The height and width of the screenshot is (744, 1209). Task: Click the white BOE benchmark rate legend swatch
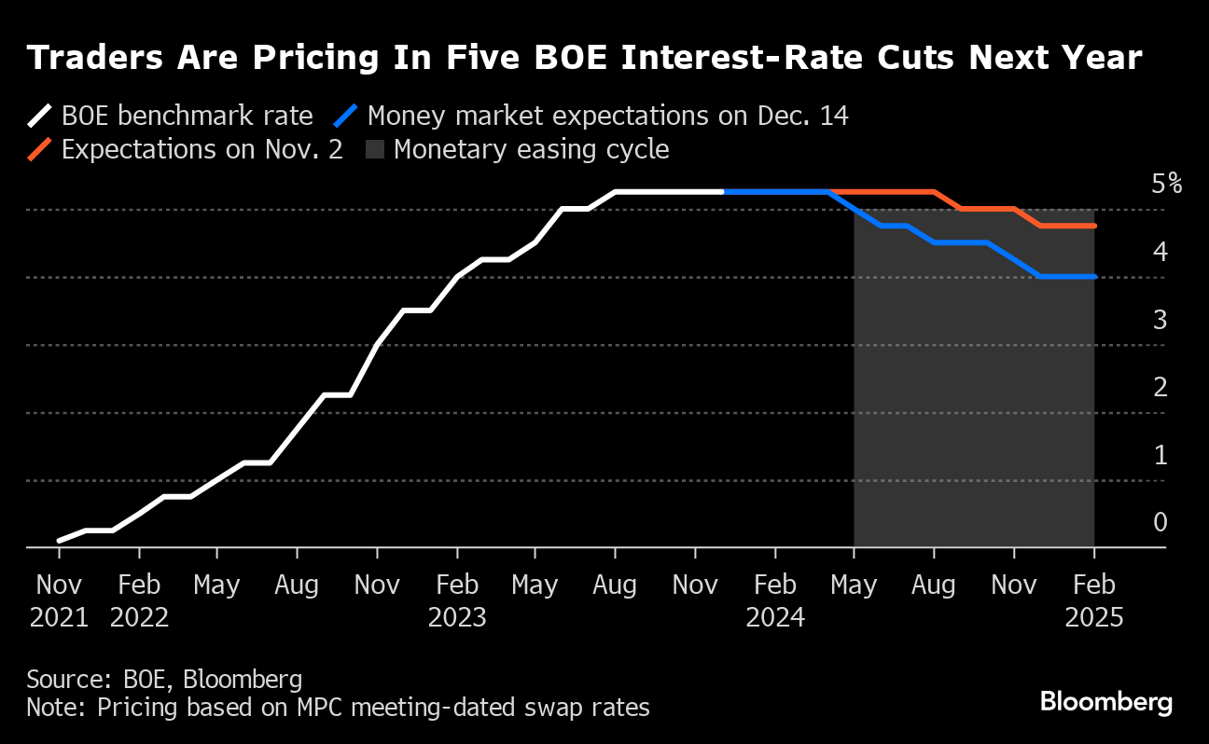[x=40, y=117]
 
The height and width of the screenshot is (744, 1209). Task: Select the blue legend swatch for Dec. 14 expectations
[x=346, y=117]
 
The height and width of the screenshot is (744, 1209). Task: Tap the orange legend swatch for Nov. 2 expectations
[x=40, y=149]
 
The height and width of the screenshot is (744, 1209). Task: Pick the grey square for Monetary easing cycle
[x=376, y=149]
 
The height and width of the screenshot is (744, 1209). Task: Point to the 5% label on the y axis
[x=1166, y=184]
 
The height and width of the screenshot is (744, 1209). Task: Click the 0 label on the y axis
[x=1160, y=522]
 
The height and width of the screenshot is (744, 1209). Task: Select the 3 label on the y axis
[x=1160, y=319]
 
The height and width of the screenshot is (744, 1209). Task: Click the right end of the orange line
[x=1094, y=226]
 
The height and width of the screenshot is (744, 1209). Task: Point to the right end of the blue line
[x=1094, y=276]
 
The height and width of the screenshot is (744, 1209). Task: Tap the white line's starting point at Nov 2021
[x=60, y=540]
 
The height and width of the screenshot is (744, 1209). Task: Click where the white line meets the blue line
[x=724, y=192]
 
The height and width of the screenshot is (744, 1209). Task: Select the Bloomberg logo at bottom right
[x=1106, y=702]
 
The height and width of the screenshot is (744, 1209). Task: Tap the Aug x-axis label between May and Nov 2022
[x=297, y=586]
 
